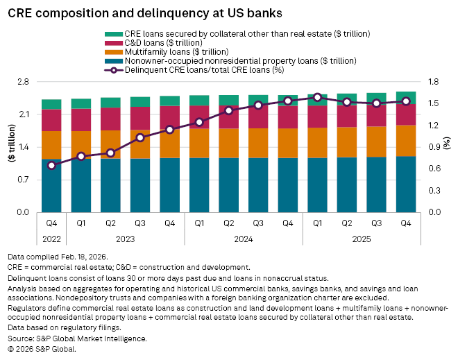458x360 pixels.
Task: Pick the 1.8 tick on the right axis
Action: (x=434, y=82)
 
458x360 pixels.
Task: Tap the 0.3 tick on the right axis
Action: (x=434, y=190)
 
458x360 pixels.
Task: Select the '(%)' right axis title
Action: (x=448, y=147)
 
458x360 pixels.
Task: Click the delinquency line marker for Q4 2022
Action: (x=51, y=165)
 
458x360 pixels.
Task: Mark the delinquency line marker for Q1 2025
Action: (x=317, y=97)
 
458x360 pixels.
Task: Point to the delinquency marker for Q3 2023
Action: (x=140, y=137)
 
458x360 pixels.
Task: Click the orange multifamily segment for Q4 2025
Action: (x=406, y=141)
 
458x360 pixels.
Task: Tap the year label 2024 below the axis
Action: (x=243, y=238)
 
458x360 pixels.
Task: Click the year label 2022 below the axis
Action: (x=51, y=238)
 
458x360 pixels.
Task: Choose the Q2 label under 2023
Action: (x=110, y=223)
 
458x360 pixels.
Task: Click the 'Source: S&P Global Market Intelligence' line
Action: (x=78, y=338)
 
